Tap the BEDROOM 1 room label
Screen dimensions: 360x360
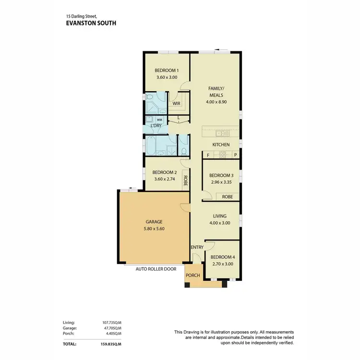coord(167,70)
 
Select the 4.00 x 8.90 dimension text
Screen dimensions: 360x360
coord(216,102)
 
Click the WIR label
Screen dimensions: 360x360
coord(176,103)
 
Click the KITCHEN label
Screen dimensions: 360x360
coord(221,145)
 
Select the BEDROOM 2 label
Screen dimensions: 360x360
coord(165,172)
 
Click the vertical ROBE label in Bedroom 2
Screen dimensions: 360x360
coord(185,180)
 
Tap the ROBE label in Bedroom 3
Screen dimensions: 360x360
coord(227,196)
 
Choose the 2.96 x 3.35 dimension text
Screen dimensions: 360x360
coord(221,182)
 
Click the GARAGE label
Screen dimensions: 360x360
coord(154,222)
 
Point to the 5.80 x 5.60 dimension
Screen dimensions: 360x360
coord(154,229)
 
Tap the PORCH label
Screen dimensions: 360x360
coord(193,276)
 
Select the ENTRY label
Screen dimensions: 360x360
coord(197,247)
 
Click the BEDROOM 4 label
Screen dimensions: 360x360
coord(222,257)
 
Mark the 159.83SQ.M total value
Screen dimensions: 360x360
coord(111,344)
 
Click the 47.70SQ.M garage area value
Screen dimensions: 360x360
coord(111,328)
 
